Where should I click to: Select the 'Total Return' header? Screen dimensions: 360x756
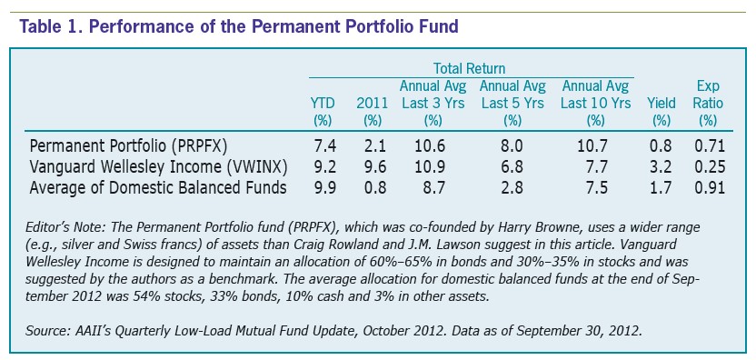pyautogui.click(x=470, y=68)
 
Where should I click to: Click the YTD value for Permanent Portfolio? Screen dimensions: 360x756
pyautogui.click(x=323, y=145)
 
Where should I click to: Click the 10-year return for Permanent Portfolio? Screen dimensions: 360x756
pyautogui.click(x=596, y=145)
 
